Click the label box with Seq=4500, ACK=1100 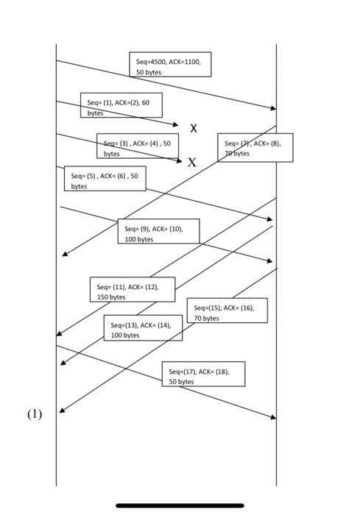[x=170, y=65]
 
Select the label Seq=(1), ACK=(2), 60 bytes [x=121, y=105]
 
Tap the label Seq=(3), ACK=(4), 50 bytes [x=138, y=146]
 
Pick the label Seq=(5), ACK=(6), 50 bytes [x=105, y=179]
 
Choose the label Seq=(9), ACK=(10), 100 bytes [x=158, y=231]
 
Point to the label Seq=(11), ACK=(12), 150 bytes [x=133, y=289]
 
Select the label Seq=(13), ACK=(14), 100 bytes [x=143, y=327]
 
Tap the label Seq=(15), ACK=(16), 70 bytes [x=227, y=310]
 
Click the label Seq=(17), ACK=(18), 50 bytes [x=203, y=374]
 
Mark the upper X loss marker [x=194, y=128]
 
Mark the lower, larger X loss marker [x=192, y=163]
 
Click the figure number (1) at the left [x=35, y=414]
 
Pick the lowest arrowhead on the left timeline [x=62, y=411]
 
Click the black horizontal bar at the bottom [x=180, y=505]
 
